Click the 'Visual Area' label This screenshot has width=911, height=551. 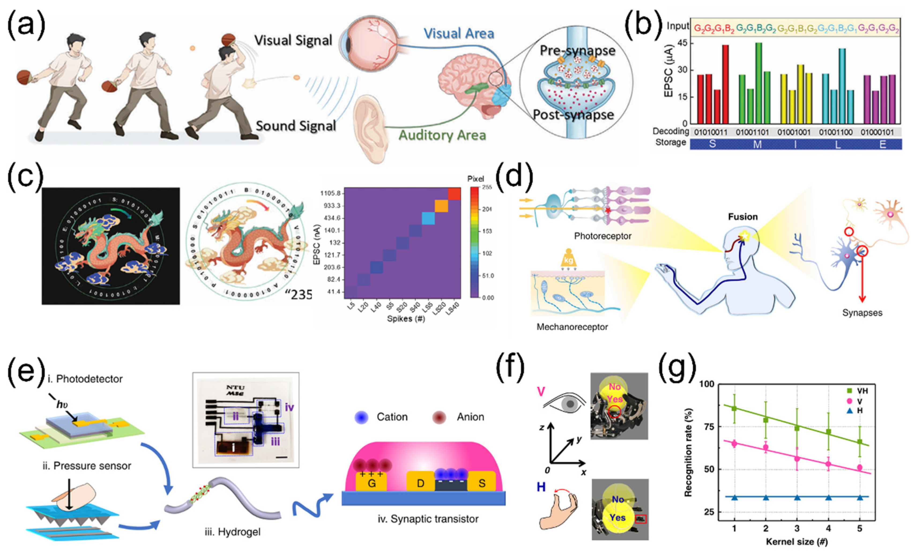459,34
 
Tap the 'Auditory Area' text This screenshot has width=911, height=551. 442,135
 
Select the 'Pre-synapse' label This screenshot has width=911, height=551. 578,51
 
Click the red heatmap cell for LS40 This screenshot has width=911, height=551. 454,194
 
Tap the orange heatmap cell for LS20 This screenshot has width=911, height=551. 441,206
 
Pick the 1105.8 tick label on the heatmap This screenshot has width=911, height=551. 330,193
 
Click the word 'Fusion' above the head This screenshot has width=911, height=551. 743,217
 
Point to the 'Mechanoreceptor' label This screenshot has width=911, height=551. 572,327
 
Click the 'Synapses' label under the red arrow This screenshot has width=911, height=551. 862,313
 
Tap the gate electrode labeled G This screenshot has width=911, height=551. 371,483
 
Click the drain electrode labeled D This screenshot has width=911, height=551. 420,483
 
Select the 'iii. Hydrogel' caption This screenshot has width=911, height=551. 233,532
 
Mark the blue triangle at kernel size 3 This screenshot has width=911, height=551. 797,497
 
